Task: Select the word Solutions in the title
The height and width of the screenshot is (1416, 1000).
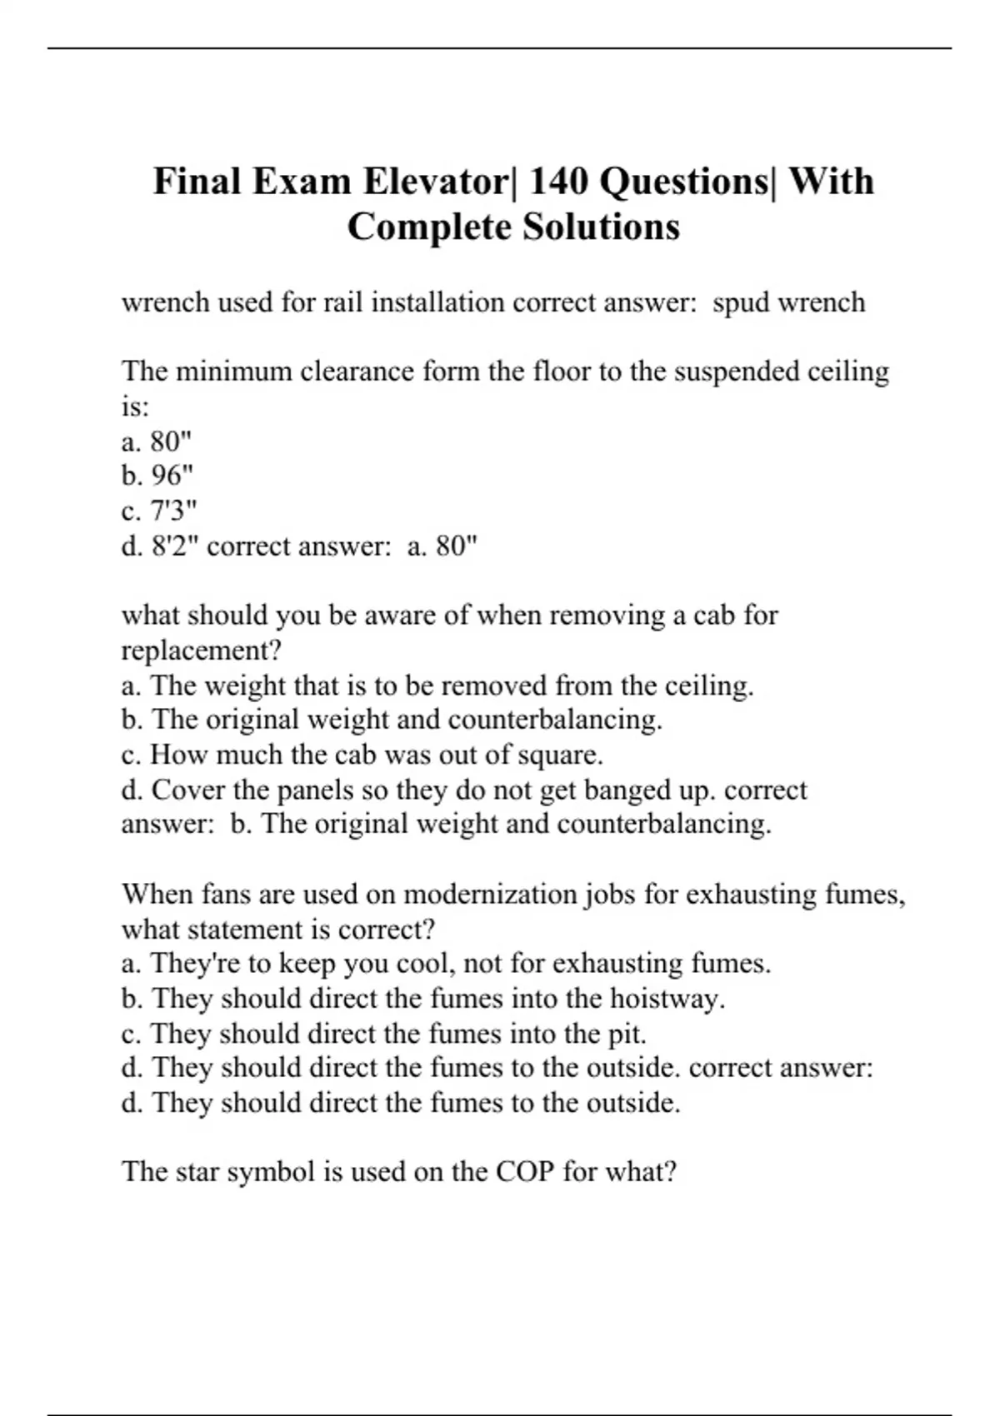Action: click(x=601, y=227)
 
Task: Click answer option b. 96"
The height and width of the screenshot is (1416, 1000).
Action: click(x=157, y=476)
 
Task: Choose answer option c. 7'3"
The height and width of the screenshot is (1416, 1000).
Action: click(x=159, y=511)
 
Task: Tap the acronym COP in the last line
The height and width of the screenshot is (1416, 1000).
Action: click(x=525, y=1172)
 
